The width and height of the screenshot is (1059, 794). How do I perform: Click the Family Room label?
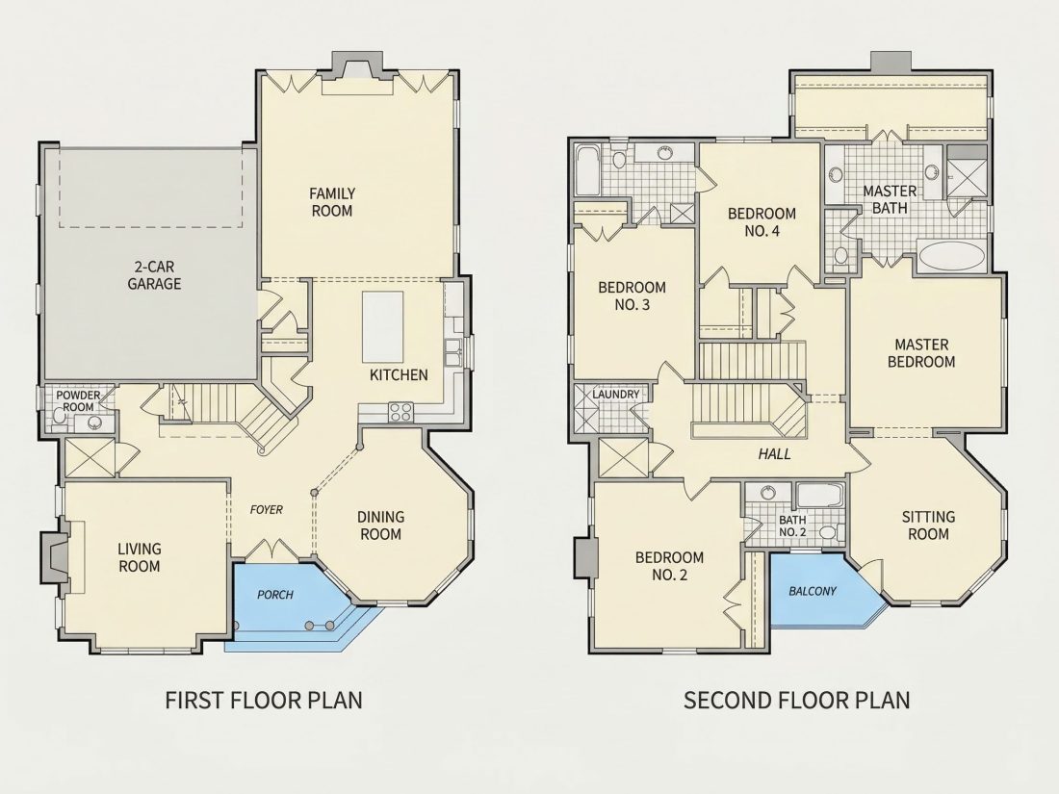(331, 202)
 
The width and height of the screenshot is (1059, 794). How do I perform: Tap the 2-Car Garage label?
(155, 275)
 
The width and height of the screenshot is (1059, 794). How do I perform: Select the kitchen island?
(383, 327)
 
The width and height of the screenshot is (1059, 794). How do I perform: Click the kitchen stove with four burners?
(400, 412)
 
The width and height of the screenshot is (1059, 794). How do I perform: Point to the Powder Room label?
(78, 401)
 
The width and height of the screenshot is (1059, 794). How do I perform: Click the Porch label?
(275, 595)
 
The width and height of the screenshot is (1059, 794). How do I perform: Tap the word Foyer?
(266, 510)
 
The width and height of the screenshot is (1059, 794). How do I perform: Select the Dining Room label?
(381, 525)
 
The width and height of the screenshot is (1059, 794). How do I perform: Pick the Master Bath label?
(890, 199)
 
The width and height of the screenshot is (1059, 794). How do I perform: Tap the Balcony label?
(813, 592)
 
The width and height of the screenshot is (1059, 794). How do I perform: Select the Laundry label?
(616, 395)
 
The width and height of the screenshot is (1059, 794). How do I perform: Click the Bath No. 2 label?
(792, 525)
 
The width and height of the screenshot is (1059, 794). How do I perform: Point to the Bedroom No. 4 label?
(762, 222)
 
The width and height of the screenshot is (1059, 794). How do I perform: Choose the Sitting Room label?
(929, 525)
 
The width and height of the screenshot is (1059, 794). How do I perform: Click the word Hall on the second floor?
(774, 453)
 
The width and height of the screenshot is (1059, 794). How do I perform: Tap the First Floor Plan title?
(264, 700)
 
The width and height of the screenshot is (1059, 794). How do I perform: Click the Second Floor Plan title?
(797, 700)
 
